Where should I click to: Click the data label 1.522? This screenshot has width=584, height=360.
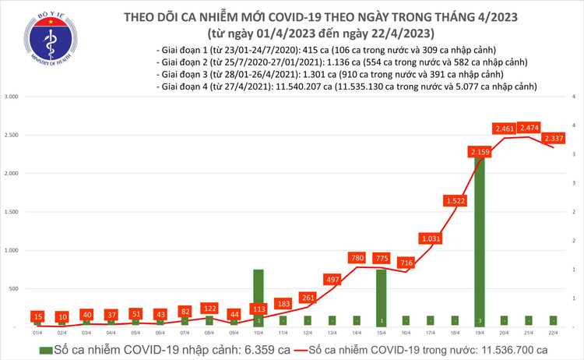point(456,201)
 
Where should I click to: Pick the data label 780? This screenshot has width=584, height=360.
point(357,258)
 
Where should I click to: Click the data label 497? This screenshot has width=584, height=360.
point(333,280)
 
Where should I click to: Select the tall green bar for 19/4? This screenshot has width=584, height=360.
point(480,242)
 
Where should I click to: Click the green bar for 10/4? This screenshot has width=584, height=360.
point(258,296)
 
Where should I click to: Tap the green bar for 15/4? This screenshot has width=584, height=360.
point(382,296)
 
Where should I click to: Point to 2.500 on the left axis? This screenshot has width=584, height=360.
point(12,136)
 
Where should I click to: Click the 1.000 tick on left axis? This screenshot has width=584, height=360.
point(12,251)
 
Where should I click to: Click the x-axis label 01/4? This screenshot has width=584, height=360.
point(37,333)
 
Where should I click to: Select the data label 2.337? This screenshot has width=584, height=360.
point(554,138)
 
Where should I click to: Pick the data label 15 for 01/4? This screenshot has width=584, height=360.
point(37,316)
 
